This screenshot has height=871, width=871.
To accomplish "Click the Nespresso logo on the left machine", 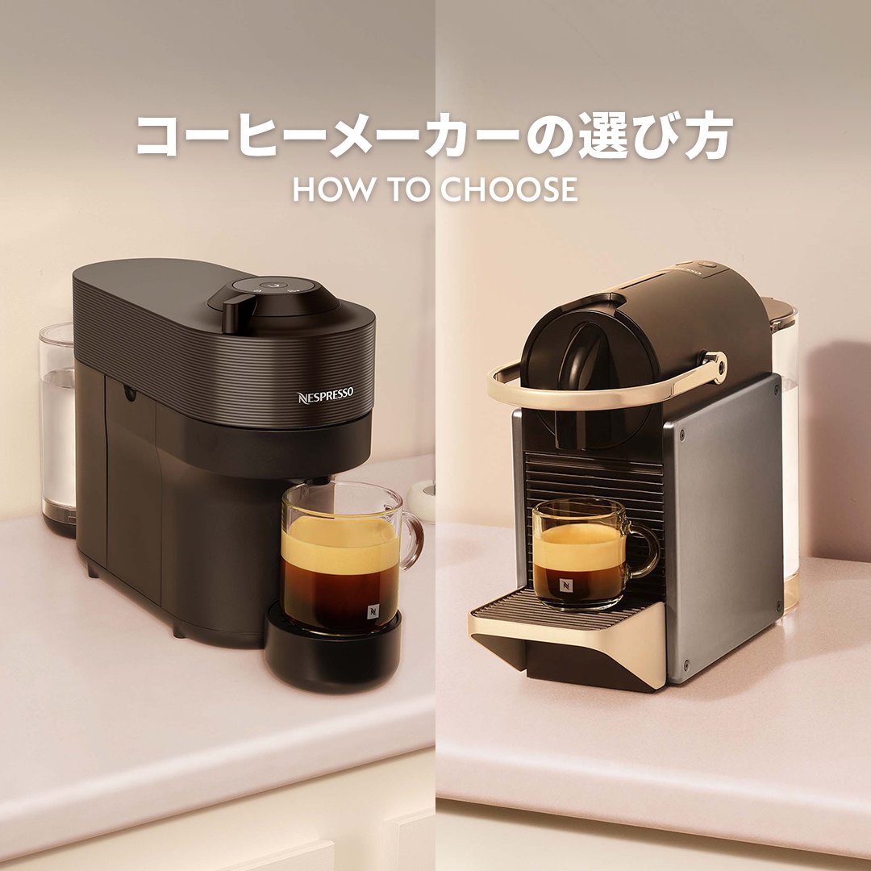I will (325, 397).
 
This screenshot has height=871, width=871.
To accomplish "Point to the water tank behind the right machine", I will (786, 452).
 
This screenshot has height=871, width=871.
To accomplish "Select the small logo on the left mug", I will (373, 611).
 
